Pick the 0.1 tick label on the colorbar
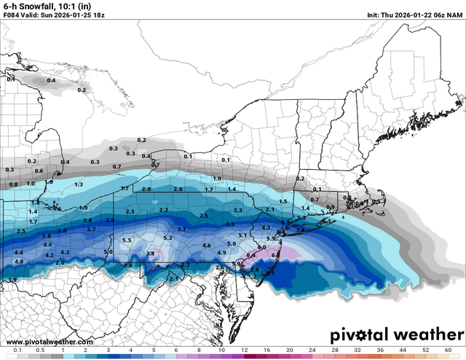pos(16,351)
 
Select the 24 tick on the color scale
pos(313,351)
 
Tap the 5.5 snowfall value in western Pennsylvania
pos(127,240)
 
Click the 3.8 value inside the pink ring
pos(151,254)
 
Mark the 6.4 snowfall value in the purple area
pos(250,255)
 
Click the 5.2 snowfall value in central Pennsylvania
pos(167,238)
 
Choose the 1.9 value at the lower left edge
pos(12,280)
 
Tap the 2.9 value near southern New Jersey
pos(255,270)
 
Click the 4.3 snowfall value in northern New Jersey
pos(266,228)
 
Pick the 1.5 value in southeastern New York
pos(283,201)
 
